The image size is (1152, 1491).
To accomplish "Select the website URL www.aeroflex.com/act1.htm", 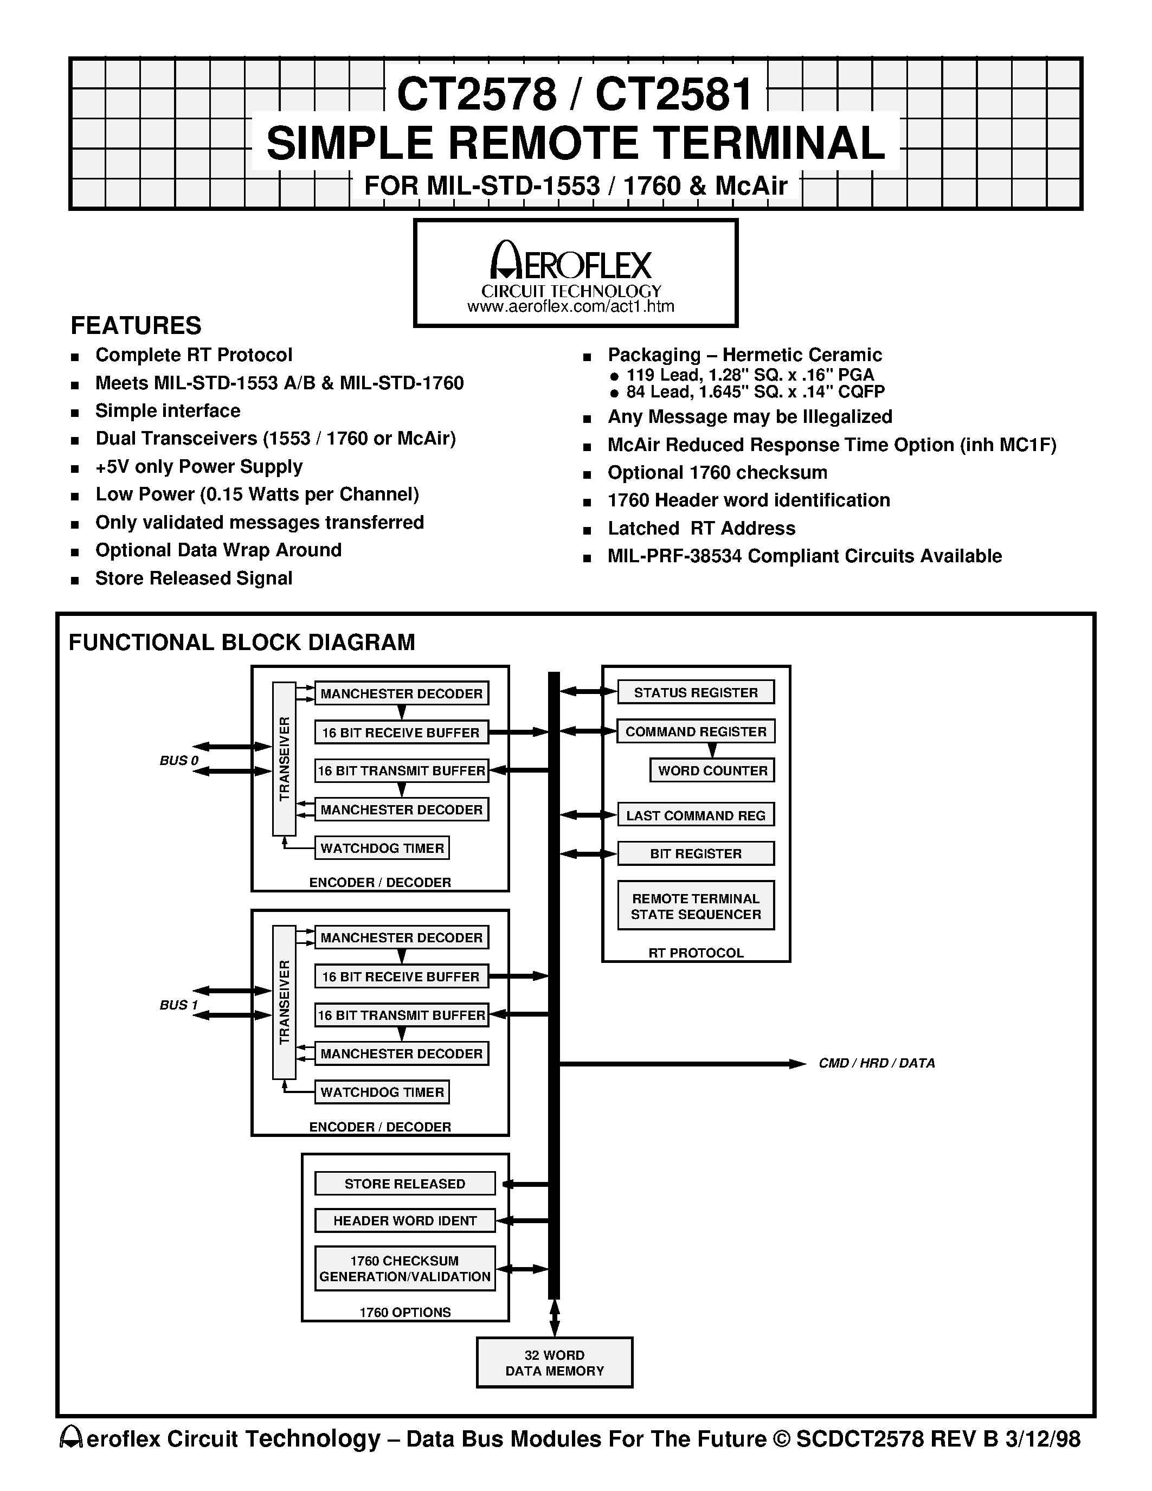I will (570, 306).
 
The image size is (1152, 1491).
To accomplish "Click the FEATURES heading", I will (136, 326).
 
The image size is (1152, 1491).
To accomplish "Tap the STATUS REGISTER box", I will (696, 692).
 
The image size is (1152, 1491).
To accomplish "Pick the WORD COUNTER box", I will (712, 770).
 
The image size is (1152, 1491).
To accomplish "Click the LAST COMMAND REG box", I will (696, 815).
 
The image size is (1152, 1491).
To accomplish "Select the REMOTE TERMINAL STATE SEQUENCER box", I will (696, 907).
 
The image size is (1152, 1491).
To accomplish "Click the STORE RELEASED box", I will (405, 1184).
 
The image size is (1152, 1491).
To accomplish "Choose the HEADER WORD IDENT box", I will (405, 1220).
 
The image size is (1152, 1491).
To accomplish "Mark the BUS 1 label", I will (179, 1005).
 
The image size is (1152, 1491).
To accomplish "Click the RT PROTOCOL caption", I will (696, 953).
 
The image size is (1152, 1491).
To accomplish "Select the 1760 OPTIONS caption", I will (405, 1312).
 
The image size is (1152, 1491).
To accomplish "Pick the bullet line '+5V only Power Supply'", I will (198, 467).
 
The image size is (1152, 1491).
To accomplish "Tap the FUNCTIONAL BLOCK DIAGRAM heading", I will (242, 642).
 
